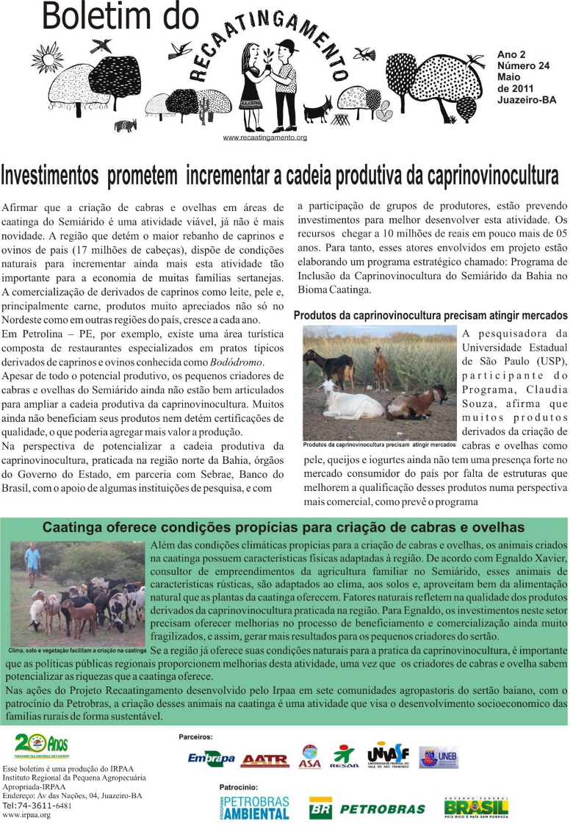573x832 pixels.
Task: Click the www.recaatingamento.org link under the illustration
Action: pyautogui.click(x=264, y=137)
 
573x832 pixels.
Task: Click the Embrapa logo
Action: pyautogui.click(x=211, y=758)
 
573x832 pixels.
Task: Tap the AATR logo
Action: pyautogui.click(x=264, y=759)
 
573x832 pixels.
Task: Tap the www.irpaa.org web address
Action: pyautogui.click(x=26, y=815)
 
